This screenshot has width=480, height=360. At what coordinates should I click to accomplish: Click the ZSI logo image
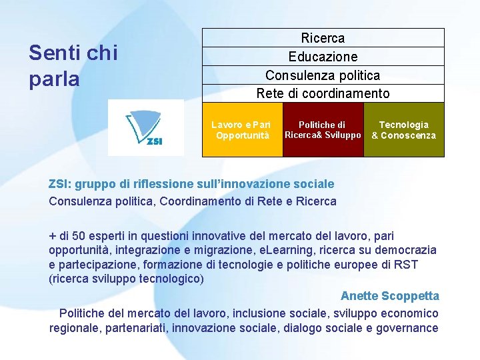click(146, 128)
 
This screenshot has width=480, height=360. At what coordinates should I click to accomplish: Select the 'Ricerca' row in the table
click(323, 38)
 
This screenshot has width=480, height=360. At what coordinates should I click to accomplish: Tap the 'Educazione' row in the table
click(323, 57)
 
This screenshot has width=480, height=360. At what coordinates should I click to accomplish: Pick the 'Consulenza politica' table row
click(323, 75)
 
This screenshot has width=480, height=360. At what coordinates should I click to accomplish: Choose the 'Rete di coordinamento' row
click(323, 93)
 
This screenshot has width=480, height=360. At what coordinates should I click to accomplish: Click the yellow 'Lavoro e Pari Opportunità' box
click(242, 129)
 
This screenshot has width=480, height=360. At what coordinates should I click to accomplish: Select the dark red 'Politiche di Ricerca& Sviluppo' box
click(323, 129)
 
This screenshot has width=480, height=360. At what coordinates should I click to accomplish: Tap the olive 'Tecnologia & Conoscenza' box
click(404, 129)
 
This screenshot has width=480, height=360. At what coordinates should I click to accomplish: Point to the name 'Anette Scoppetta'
click(389, 295)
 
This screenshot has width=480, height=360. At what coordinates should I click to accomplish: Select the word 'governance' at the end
click(408, 327)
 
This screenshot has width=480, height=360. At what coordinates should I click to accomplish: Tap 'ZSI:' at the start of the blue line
click(61, 184)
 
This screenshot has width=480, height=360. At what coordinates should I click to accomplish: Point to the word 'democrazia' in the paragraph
click(406, 250)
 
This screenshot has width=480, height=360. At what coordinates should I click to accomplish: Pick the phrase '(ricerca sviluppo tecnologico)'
click(126, 279)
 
